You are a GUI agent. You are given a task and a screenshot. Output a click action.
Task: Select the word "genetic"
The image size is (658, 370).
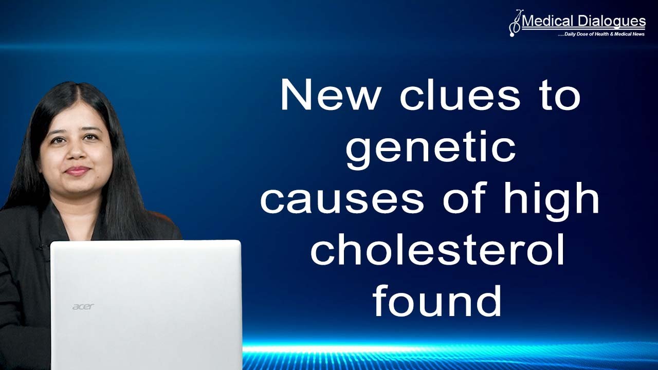click(431, 147)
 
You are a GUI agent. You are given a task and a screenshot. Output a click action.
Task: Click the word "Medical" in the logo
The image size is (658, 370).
click(547, 22)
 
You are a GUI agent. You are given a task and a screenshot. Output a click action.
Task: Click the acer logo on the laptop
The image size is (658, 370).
click(83, 307)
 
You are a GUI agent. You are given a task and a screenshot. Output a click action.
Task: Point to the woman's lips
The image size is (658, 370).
click(78, 170)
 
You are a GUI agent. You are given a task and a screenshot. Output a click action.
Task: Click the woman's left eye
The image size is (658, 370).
click(91, 137)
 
